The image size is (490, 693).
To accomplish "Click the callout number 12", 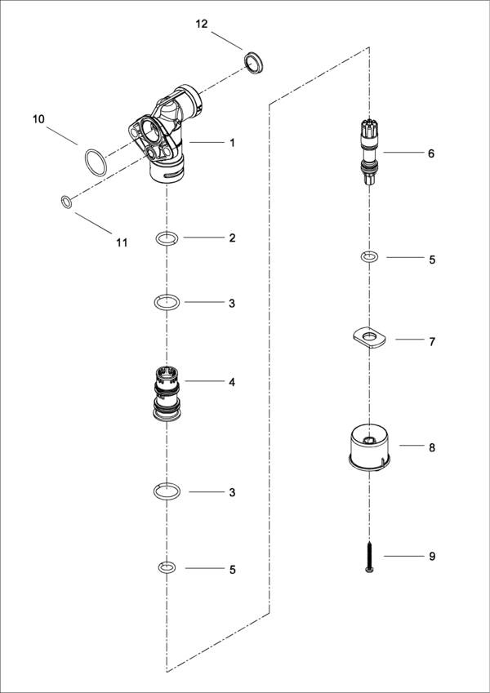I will coord(202,24).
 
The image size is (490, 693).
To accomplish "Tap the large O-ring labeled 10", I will coord(95,162).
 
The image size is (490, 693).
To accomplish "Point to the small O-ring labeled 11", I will coord(65,201).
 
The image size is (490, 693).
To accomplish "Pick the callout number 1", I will coord(232,142).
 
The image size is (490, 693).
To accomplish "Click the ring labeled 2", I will coord(167,238).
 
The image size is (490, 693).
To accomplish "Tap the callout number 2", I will coord(232,238).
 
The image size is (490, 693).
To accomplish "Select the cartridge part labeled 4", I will coord(168,393).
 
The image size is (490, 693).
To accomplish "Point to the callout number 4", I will coord(232,381).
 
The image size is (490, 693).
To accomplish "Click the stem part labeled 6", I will coord(369,151).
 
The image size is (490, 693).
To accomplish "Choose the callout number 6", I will coord(431,153).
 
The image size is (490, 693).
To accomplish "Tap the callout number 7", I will coord(431,341).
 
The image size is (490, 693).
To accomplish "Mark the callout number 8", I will coord(431,447).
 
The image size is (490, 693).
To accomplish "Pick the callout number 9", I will coord(431,557).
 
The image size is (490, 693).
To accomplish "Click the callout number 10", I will coord(38,119).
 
